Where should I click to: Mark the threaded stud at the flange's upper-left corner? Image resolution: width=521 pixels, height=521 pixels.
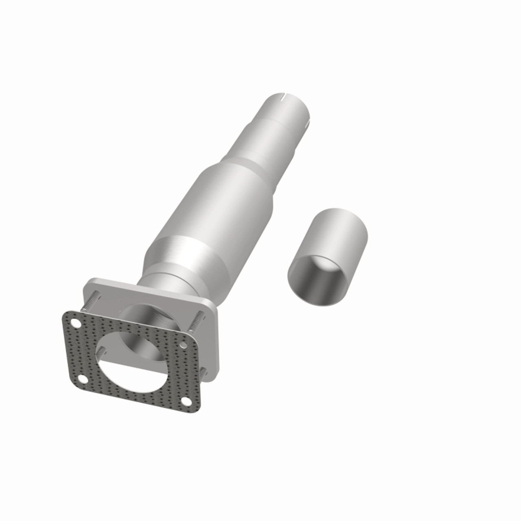coord(91,302)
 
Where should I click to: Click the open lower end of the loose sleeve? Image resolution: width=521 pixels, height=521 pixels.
coord(315,281)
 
